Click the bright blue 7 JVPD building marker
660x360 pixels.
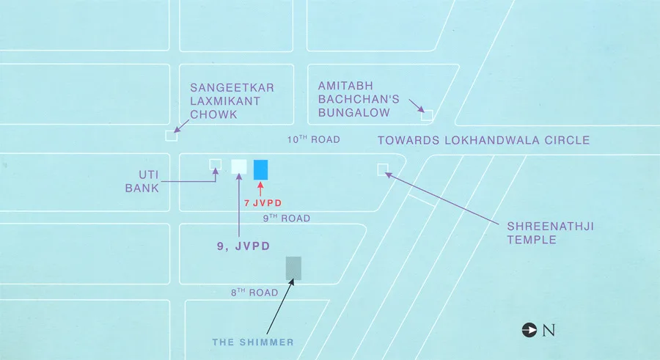(x=261, y=169)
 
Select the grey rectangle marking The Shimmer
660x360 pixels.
(x=293, y=268)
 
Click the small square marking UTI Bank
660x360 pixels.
(x=215, y=164)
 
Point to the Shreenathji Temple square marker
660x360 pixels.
(x=382, y=170)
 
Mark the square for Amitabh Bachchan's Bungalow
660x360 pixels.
(x=427, y=115)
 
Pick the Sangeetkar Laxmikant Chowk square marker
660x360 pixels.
(x=171, y=135)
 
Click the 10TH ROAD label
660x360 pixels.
(x=313, y=139)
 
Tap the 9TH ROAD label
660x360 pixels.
(x=287, y=218)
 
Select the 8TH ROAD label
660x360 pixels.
(x=254, y=293)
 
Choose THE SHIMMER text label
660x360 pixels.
(x=253, y=342)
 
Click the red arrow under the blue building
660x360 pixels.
(x=261, y=188)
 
